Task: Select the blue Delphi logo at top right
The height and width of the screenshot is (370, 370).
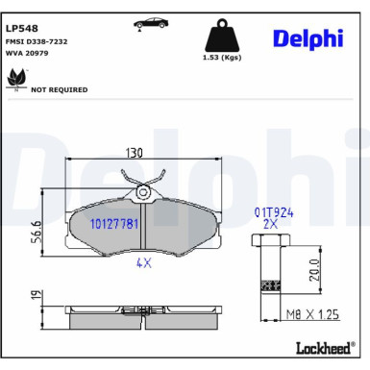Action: tap(307, 37)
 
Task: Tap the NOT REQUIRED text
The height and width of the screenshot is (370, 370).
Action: tap(60, 89)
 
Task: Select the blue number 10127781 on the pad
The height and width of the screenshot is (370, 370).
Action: tap(114, 224)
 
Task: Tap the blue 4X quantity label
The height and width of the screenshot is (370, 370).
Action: tap(142, 261)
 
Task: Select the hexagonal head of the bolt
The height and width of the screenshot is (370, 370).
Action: tap(270, 240)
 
